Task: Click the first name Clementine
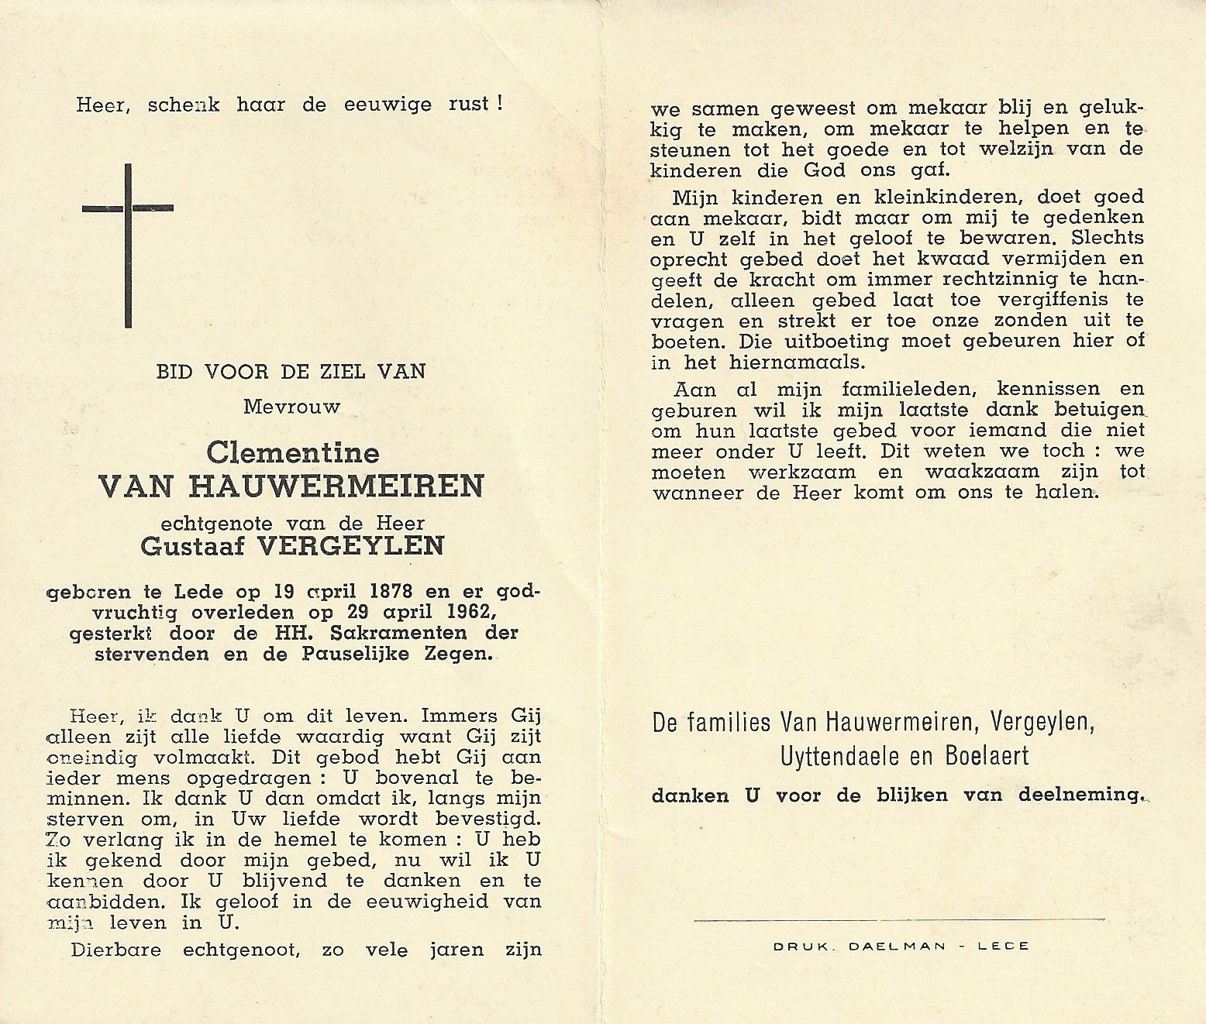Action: coord(292,453)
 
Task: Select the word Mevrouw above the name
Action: coord(291,407)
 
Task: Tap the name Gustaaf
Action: coord(194,546)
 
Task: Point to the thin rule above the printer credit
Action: coord(899,920)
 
